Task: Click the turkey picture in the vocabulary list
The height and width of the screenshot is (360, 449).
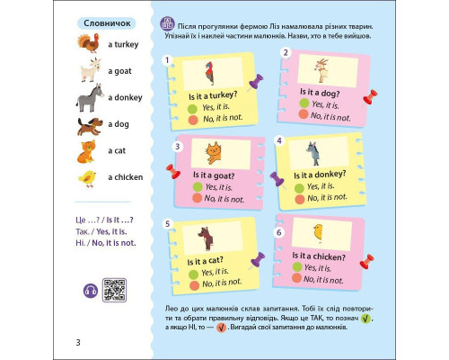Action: click(x=89, y=43)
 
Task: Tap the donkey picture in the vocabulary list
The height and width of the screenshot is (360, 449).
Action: click(x=89, y=98)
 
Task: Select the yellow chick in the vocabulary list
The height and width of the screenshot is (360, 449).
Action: click(x=87, y=179)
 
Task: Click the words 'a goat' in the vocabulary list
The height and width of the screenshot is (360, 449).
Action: click(x=119, y=71)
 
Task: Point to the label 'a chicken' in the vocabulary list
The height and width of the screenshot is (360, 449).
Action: click(x=126, y=177)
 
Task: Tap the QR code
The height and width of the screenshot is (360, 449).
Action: click(x=114, y=290)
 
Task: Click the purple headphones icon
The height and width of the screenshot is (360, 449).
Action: click(x=91, y=291)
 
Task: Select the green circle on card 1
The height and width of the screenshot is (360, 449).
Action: click(x=192, y=109)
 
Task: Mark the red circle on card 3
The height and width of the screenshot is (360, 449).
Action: click(x=197, y=198)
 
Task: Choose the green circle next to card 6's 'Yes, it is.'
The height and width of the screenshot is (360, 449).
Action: click(x=297, y=266)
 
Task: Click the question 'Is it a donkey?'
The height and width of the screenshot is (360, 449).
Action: click(x=320, y=175)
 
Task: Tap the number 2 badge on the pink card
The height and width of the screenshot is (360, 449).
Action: click(x=286, y=53)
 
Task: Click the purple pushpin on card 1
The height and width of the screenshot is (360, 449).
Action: click(x=255, y=82)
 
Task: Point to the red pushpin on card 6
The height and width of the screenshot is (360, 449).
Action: click(x=366, y=262)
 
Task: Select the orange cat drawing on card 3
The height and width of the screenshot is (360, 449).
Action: click(x=214, y=153)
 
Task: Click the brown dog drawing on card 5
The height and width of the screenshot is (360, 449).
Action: click(x=206, y=238)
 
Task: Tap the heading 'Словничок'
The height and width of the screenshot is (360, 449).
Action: click(x=107, y=23)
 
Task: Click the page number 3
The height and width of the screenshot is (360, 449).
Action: click(x=78, y=342)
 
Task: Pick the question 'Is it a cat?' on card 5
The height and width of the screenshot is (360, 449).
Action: click(x=205, y=261)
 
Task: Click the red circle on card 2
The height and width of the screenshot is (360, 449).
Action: click(x=304, y=114)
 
